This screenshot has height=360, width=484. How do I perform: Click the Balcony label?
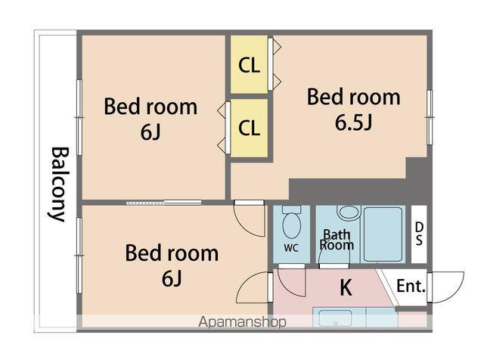(59, 185)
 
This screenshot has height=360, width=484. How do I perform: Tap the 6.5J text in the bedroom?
(354, 123)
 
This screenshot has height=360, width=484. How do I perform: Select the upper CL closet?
(249, 64)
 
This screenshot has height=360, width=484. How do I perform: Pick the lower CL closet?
(249, 128)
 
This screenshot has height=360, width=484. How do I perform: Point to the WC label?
(291, 247)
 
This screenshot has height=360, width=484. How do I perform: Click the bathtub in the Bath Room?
(383, 234)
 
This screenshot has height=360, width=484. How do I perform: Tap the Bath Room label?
(337, 240)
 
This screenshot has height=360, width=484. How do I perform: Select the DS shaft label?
(419, 234)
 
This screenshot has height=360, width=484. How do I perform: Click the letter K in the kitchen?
(346, 287)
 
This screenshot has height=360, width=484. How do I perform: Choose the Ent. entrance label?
(411, 286)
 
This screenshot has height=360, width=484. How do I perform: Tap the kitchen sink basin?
(335, 318)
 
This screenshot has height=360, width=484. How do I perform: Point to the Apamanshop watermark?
(242, 322)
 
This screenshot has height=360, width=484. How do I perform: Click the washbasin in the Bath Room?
(349, 213)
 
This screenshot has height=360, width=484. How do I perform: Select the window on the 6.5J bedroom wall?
(430, 117)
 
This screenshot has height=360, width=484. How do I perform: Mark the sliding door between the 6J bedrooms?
(164, 203)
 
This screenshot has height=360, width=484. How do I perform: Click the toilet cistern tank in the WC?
(292, 209)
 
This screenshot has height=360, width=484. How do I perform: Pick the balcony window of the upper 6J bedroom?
(79, 117)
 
